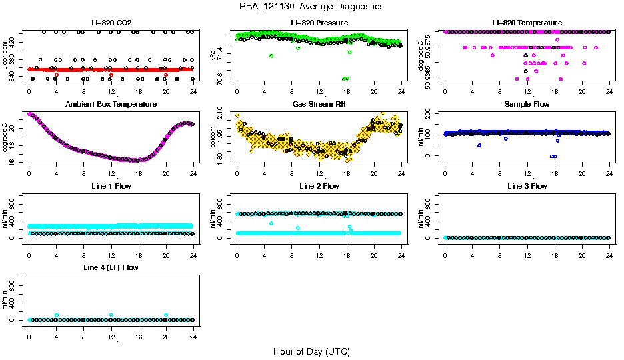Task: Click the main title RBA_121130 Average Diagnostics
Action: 311,6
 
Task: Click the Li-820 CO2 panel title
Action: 111,23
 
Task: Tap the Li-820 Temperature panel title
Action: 527,23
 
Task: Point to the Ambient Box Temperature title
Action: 111,104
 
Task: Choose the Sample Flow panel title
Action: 527,104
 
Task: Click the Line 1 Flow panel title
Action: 111,186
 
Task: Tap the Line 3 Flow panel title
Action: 527,186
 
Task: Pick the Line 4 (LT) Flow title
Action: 111,267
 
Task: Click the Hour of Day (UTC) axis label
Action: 311,351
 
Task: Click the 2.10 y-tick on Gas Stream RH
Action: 223,118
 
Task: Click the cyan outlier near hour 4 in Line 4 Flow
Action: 57,315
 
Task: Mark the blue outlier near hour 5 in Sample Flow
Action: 479,145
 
